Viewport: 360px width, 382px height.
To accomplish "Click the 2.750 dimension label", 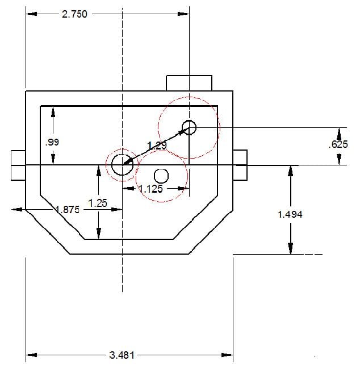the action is (74, 14).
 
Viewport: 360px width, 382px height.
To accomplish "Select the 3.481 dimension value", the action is (122, 355).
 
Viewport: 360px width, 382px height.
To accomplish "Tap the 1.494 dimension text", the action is (290, 214).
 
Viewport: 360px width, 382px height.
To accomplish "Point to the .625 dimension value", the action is (338, 144).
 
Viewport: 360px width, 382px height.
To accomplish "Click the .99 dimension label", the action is (52, 142).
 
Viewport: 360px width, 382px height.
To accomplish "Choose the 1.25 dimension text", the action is (98, 203).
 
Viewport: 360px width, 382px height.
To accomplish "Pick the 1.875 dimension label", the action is (68, 210).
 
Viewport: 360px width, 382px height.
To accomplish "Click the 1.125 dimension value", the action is (150, 189).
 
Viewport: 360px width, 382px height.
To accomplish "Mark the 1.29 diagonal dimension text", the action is (157, 146).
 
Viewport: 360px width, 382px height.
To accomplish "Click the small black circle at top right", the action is (189, 127).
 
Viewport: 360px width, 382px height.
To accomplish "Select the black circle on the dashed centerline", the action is (123, 165).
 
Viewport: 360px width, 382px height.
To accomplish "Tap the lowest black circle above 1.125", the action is (161, 176).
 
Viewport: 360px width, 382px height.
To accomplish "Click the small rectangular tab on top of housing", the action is (189, 84).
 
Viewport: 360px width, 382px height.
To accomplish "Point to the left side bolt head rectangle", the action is (18, 165).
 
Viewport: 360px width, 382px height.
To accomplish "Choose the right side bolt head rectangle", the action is (240, 165).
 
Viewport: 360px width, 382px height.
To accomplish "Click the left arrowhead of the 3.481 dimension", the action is (31, 355).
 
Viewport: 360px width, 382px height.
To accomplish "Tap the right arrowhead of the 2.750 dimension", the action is (183, 14).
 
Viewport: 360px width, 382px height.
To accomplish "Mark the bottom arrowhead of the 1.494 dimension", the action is (290, 248).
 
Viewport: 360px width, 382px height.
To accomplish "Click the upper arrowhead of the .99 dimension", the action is (53, 112).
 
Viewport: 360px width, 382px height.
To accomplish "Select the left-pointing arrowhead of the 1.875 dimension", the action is (18, 210).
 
